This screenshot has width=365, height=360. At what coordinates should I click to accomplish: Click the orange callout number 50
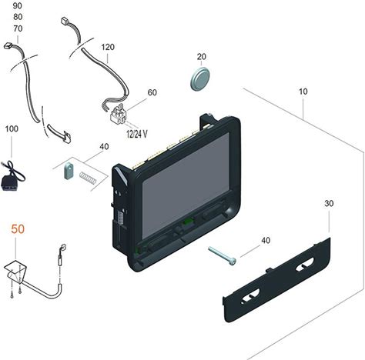click(x=18, y=229)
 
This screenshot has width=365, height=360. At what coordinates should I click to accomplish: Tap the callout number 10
click(x=303, y=92)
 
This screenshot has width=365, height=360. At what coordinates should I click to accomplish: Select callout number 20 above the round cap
click(x=202, y=57)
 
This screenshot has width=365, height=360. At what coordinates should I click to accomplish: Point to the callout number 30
click(x=329, y=204)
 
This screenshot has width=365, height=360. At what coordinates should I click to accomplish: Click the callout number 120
click(x=108, y=47)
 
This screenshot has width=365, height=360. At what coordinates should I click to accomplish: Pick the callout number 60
click(x=152, y=92)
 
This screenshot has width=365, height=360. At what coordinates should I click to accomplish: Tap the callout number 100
click(x=12, y=128)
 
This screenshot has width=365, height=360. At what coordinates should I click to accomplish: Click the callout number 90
click(x=18, y=5)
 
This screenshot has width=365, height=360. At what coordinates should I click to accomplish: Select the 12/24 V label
click(x=137, y=134)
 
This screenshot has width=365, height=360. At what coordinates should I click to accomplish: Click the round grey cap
click(x=200, y=78)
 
